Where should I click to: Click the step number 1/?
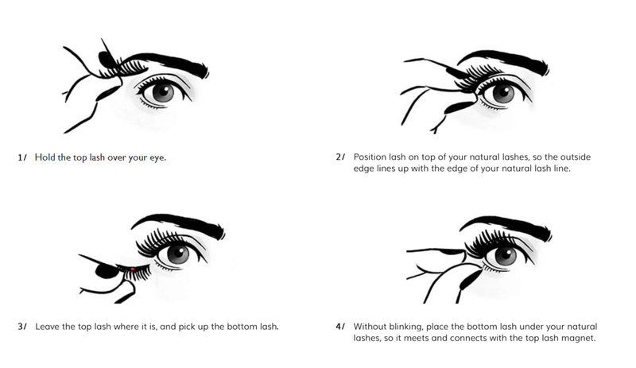point(22,157)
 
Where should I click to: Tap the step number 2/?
point(341,157)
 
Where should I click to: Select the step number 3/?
point(22,327)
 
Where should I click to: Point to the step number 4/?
point(341,327)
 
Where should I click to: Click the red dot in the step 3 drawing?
point(133,269)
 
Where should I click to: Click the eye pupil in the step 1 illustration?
point(163,91)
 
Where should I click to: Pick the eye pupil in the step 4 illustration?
point(505,256)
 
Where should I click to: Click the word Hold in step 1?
point(45,157)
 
